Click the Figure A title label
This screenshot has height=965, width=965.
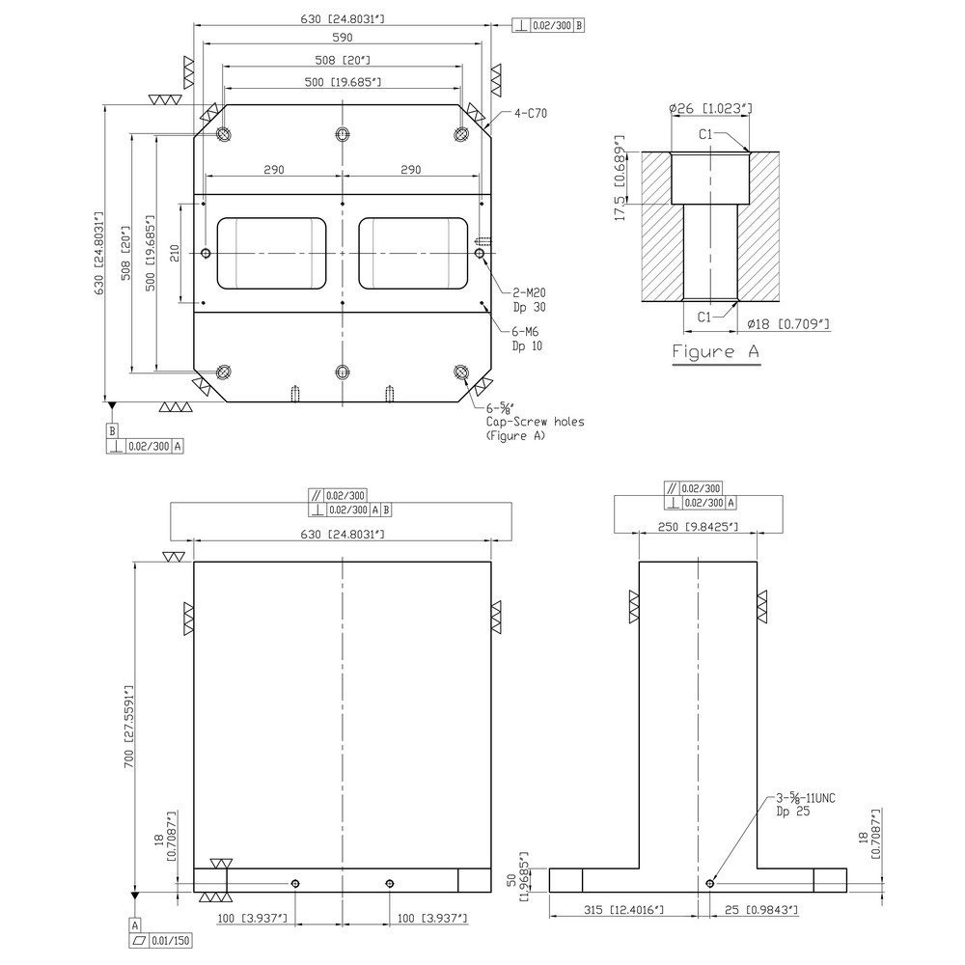(x=715, y=351)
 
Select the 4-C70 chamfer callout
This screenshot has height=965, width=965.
(x=530, y=113)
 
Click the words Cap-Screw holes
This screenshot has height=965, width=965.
(x=536, y=422)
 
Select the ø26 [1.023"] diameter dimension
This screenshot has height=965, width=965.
(x=709, y=109)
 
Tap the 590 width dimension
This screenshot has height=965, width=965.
(x=343, y=38)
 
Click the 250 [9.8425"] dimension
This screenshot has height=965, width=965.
(x=697, y=526)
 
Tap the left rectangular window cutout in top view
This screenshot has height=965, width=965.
(x=272, y=253)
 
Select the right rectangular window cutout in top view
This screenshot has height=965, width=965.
(x=413, y=253)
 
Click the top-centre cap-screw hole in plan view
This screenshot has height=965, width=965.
(x=343, y=134)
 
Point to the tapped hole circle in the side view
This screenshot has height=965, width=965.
(x=710, y=883)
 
